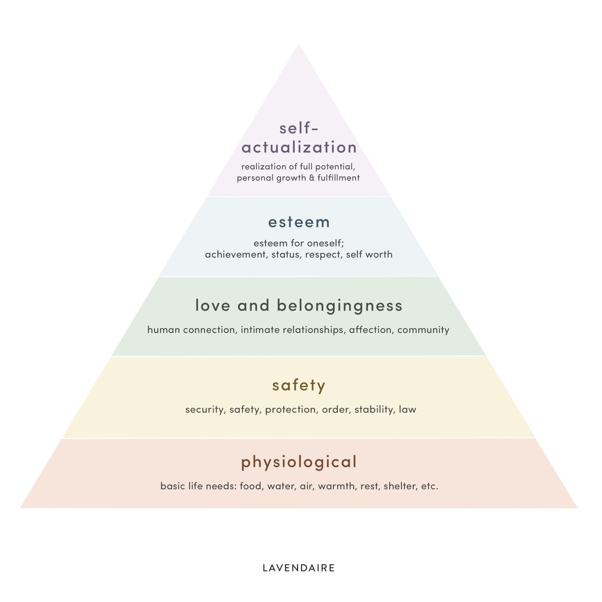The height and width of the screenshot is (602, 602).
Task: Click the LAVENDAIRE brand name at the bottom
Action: pos(299,568)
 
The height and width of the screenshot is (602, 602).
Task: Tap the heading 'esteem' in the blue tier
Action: pos(299,222)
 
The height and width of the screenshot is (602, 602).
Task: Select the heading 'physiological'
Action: pos(299,462)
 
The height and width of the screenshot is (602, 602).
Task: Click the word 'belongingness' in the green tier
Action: pos(340,306)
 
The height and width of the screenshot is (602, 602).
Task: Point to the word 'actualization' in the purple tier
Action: pos(299,147)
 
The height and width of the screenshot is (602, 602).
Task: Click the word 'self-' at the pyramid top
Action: pos(299,128)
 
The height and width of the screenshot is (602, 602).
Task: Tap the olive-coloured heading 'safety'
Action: pos(299,386)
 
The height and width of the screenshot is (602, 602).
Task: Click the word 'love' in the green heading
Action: pos(213,306)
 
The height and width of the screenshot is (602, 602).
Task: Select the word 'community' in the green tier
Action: pos(423,330)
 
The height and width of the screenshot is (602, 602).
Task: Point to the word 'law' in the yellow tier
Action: pos(408,409)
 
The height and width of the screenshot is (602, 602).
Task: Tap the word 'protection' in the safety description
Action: pos(292,410)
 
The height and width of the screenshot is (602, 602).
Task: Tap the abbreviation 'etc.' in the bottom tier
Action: pos(430,486)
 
